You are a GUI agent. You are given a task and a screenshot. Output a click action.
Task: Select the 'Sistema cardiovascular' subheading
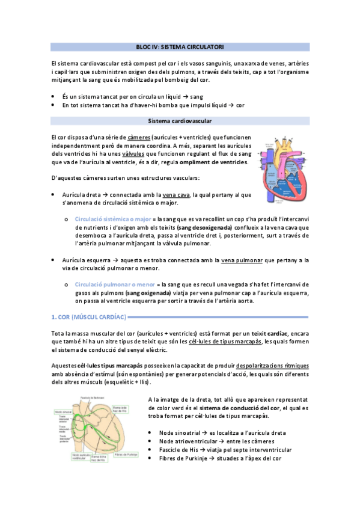coord(180,121)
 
